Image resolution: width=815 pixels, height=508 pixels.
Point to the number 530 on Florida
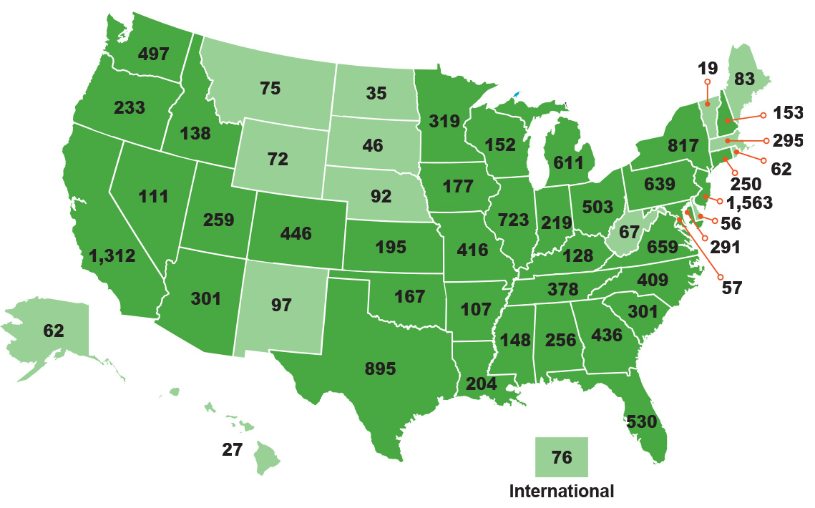coord(641,421)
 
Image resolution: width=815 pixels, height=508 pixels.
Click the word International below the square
coord(562,492)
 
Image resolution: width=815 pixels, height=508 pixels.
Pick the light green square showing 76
coord(562,457)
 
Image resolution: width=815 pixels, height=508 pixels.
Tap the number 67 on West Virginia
coord(629,232)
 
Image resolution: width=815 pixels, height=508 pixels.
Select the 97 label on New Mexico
coord(281,306)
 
